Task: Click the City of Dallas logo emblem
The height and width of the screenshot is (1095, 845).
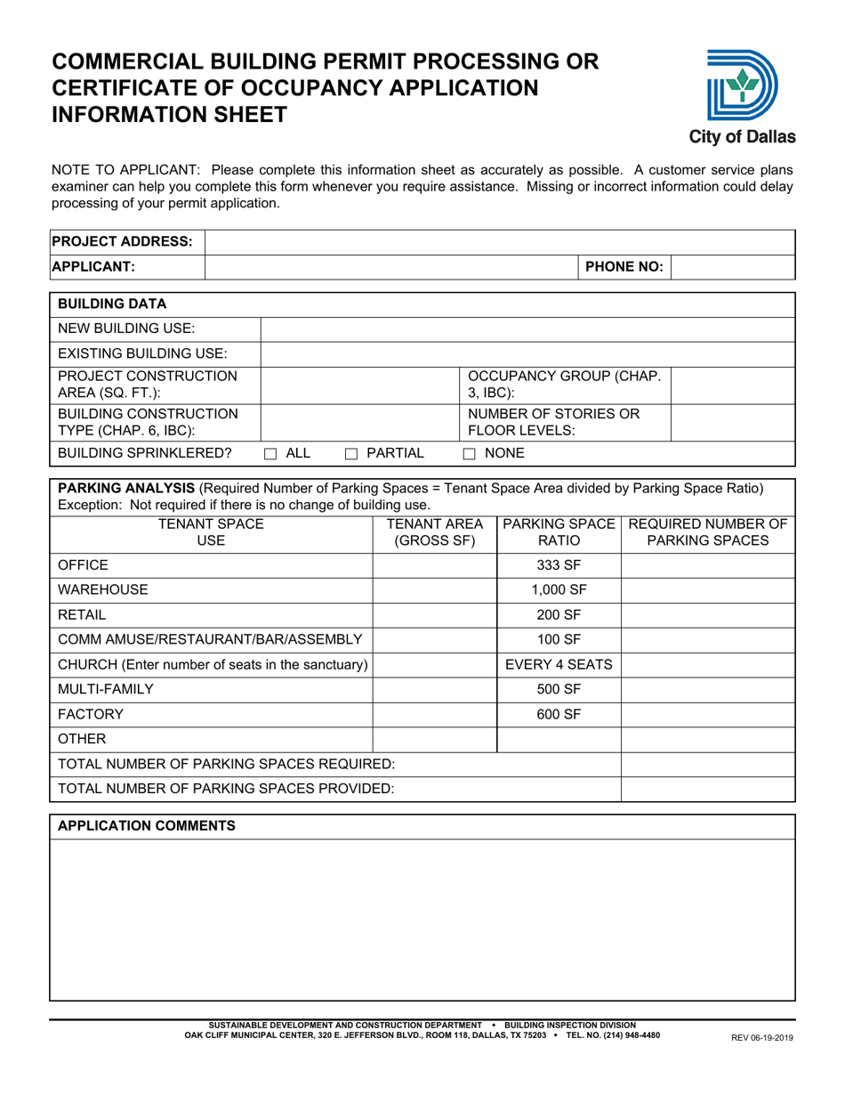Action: click(x=741, y=85)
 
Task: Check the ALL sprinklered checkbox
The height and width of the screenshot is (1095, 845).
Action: click(x=272, y=454)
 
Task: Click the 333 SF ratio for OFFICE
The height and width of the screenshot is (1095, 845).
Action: click(x=558, y=564)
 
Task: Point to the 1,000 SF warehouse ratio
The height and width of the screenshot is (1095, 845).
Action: click(x=558, y=589)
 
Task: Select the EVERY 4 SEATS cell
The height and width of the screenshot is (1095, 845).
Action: click(x=558, y=663)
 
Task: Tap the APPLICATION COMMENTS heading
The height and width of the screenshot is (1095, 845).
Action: click(x=147, y=826)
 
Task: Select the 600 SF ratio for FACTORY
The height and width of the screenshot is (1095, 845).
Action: click(x=558, y=713)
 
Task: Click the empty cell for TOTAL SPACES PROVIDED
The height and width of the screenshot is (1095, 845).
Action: click(x=706, y=788)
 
